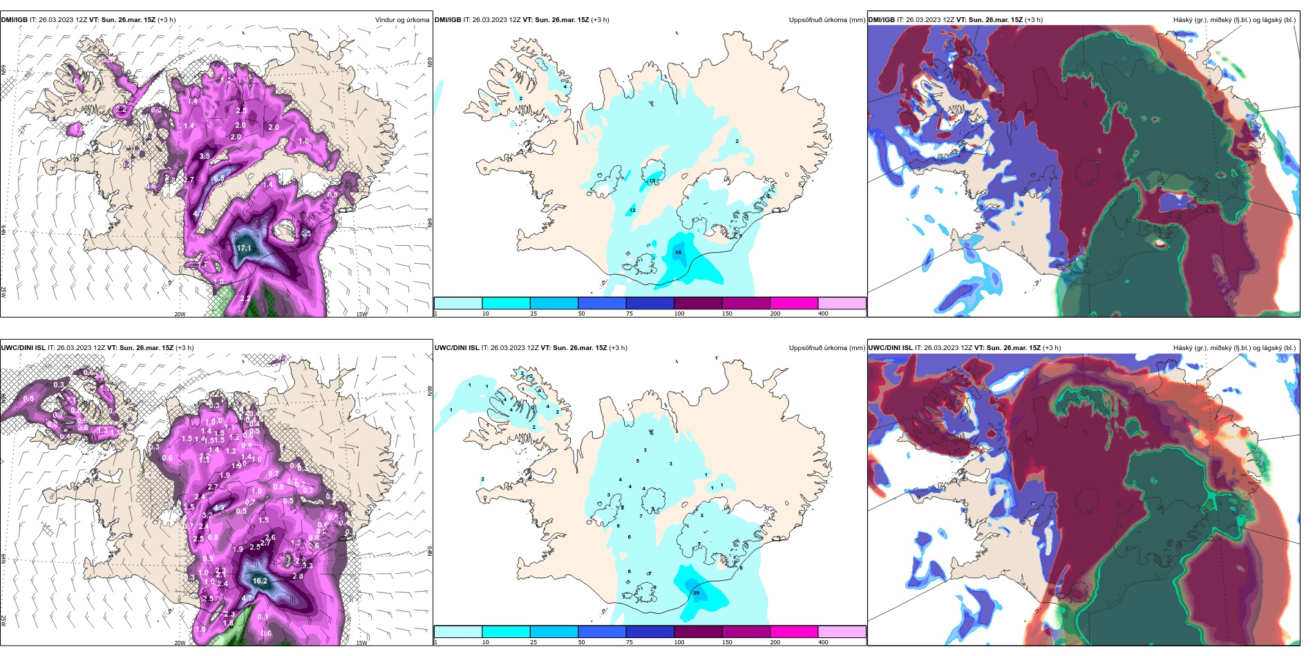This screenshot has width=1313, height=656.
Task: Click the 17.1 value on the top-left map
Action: [x=244, y=248]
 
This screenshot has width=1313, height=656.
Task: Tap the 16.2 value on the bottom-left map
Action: [x=260, y=581]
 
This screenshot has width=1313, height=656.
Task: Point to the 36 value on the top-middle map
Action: [x=678, y=253]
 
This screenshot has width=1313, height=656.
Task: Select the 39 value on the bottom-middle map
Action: [x=696, y=593]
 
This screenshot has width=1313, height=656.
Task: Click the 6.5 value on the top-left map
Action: [x=219, y=178]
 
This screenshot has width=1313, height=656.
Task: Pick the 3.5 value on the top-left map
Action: [x=205, y=156]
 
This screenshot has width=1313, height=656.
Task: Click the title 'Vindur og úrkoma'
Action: [x=402, y=20]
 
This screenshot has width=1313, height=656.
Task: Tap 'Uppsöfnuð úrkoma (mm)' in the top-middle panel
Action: [x=826, y=20]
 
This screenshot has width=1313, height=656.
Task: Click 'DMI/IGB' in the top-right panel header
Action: [x=881, y=20]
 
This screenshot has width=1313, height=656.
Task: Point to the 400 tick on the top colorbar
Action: [x=823, y=313]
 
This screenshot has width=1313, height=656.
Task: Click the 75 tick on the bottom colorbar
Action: [x=630, y=642]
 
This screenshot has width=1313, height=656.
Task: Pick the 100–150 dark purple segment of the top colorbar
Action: [x=698, y=303]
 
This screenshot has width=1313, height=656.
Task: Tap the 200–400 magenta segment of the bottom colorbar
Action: [x=794, y=632]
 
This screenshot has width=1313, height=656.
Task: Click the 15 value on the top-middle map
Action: [x=652, y=181]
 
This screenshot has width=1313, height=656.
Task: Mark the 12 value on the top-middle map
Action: [x=632, y=211]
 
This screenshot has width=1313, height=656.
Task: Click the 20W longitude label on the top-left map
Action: [x=180, y=314]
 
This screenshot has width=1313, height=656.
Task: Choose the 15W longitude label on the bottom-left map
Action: [x=361, y=643]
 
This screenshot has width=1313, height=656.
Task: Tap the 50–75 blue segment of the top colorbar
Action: [x=602, y=303]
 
